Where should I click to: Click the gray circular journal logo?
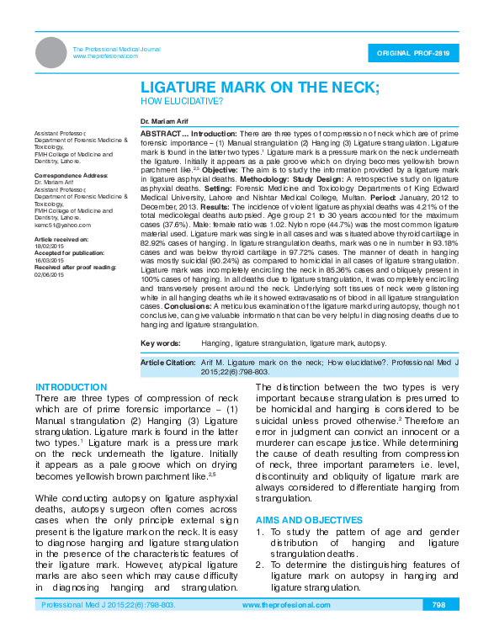[50, 52]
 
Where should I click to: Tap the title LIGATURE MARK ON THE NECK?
[259, 88]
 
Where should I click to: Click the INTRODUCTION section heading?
[72, 387]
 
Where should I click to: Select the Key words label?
[160, 343]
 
